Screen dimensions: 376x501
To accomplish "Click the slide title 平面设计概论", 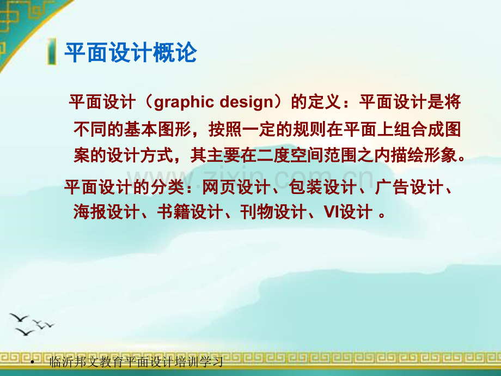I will coord(130,53).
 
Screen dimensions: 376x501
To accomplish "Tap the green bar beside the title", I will coord(52,53).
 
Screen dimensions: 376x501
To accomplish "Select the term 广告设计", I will coord(408,188).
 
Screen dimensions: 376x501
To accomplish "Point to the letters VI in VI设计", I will coord(332,211).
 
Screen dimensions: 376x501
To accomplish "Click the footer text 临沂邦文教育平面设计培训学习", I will coord(136,362).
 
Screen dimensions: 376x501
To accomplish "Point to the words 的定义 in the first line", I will coord(315,102).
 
